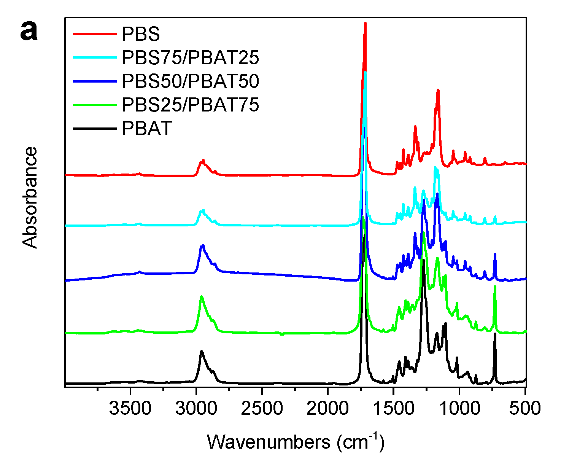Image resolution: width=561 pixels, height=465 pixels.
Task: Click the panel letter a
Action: click(29, 31)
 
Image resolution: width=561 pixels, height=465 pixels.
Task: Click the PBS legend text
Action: click(141, 34)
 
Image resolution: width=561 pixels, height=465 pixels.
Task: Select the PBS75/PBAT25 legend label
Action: click(190, 57)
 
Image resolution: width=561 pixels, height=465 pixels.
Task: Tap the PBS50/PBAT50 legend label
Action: click(190, 81)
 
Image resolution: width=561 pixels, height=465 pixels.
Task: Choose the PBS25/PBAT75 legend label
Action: click(190, 105)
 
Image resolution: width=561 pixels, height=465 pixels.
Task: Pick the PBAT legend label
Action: click(147, 129)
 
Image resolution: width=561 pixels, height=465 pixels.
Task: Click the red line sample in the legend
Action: click(94, 34)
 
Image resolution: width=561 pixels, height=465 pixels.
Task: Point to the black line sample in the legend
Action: click(94, 129)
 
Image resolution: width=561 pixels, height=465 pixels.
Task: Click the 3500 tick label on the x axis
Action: click(130, 409)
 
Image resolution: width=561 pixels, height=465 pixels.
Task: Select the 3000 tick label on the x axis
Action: click(196, 409)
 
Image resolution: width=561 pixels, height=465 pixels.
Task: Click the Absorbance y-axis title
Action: click(30, 197)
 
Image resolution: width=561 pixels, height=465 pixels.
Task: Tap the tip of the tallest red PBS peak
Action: click(365, 23)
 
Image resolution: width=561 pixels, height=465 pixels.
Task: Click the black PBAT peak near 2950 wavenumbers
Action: click(202, 351)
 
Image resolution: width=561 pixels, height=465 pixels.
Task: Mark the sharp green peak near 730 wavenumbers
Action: click(495, 287)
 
